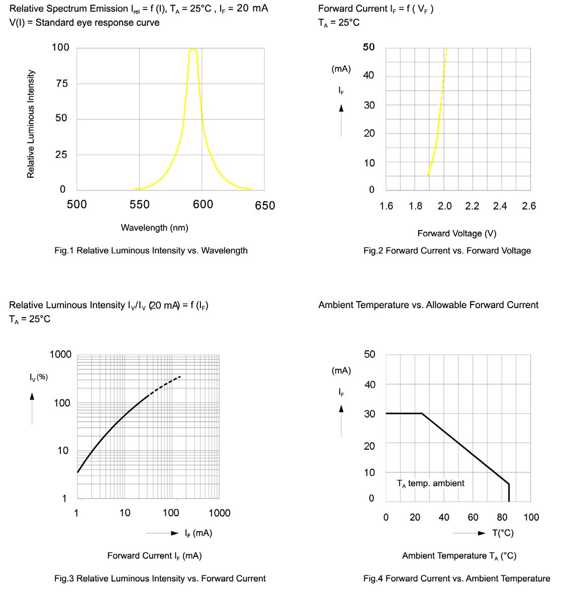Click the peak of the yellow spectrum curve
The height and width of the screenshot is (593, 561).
coord(193,49)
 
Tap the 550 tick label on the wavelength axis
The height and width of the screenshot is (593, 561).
coord(139,205)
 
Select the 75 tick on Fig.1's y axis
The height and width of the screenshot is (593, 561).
coord(61,83)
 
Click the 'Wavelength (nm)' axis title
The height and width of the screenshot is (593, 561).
coord(154,228)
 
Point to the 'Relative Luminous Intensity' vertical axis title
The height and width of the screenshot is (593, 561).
coord(31,124)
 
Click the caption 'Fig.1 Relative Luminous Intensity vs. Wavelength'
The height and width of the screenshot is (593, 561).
coord(151,250)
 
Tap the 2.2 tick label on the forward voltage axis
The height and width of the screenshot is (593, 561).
coord(472,206)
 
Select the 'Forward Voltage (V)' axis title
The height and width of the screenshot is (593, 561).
coord(456,233)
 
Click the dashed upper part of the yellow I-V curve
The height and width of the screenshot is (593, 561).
coord(444,75)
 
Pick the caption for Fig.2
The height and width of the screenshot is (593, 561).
coord(447,250)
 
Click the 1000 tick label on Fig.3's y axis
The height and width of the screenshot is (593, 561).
coord(60,355)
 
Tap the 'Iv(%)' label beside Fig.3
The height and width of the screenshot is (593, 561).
coord(39,376)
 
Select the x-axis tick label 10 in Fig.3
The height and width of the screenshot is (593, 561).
coord(125,513)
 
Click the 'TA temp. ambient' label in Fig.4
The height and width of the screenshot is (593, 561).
coord(430,483)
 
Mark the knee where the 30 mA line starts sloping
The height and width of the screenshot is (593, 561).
coord(422,414)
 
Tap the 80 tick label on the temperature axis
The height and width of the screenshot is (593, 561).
coord(502,517)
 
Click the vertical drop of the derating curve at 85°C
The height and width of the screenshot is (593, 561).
coord(509,492)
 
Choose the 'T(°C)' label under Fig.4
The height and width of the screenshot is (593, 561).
coord(503,533)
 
